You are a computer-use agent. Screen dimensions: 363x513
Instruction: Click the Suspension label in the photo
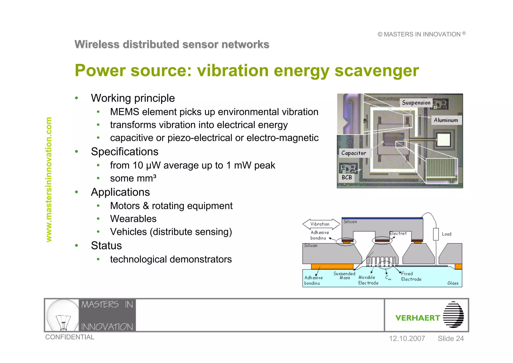coord(416,103)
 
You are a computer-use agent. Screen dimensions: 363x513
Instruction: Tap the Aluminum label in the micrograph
coord(446,120)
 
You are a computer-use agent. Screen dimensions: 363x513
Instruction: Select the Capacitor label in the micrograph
coord(353,153)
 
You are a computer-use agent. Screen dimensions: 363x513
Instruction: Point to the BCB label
coord(347,177)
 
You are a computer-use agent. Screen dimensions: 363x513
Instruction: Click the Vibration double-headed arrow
coord(321,224)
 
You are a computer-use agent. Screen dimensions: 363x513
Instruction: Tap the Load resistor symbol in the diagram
coord(436,234)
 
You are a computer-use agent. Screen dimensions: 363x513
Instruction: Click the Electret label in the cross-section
coord(398,233)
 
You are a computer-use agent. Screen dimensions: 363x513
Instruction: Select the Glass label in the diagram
coord(453,283)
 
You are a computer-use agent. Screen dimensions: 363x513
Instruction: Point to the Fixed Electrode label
coord(411,276)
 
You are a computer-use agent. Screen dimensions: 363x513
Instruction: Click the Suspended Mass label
coord(344,275)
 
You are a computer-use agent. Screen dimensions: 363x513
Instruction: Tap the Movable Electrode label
coord(368,280)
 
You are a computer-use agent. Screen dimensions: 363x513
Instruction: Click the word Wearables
coord(133,219)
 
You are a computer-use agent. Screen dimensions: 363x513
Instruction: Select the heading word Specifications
coord(124,152)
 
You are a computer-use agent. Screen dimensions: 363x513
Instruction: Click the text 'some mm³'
coord(133,178)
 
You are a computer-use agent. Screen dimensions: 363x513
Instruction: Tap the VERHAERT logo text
coord(418,318)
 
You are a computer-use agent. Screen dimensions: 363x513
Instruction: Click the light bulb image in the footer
coord(63,315)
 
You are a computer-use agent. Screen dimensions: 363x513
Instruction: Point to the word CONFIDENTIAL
coord(70,337)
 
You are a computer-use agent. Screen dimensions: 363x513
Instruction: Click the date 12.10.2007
coord(407,338)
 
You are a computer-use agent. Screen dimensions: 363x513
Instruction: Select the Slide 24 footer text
coord(451,338)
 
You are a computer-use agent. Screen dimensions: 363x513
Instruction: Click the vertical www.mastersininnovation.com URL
coord(49,179)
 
